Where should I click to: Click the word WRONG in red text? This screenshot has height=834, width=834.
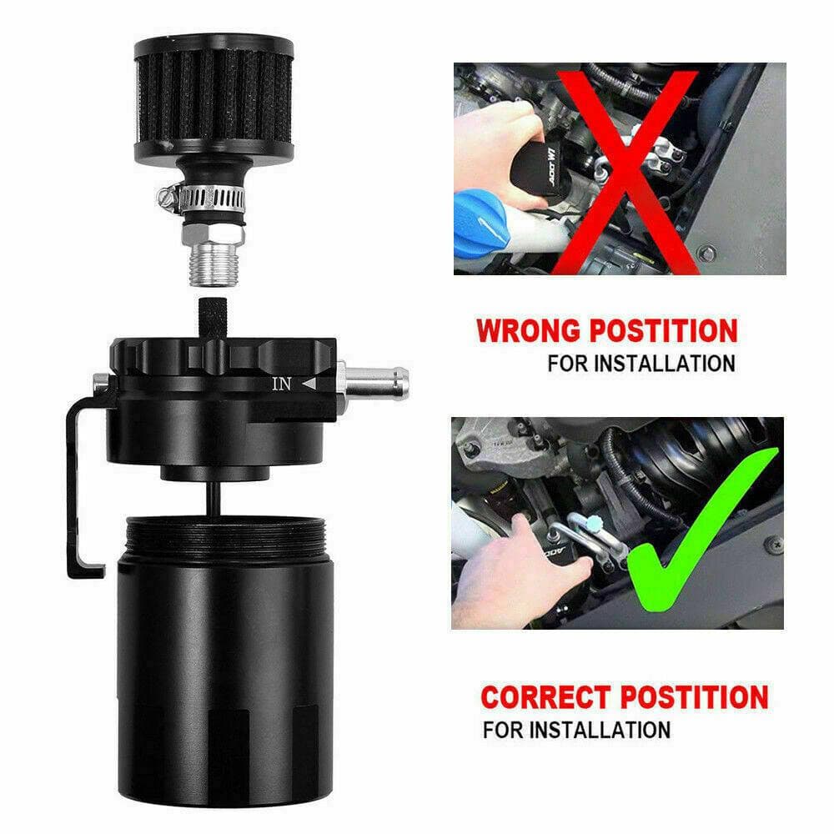point(529,330)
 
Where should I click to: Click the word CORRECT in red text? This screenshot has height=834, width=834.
point(550,696)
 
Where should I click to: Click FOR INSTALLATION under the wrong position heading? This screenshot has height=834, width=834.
point(641,364)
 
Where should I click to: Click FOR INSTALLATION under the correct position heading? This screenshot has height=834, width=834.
point(576,730)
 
